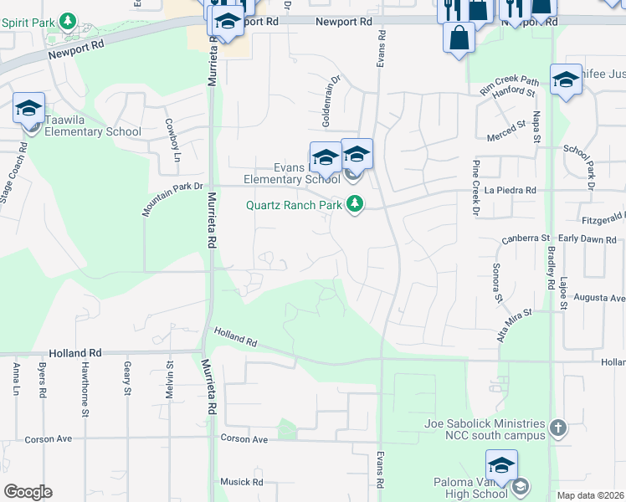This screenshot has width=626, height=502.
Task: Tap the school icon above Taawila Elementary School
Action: point(28,109)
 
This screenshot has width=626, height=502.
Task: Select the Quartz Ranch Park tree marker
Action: point(356,204)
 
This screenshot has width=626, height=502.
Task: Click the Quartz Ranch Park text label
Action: point(294,204)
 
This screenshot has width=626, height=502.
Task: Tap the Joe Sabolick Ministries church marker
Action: point(559,429)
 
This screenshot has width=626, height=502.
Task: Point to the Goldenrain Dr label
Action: point(331,102)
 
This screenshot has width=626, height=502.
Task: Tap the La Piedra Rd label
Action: point(509,191)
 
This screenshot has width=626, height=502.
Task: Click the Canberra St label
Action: point(525,239)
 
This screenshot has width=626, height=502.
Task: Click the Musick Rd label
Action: point(242,482)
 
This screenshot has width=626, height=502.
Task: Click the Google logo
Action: point(28,492)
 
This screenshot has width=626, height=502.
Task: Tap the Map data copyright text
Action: point(591,495)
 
